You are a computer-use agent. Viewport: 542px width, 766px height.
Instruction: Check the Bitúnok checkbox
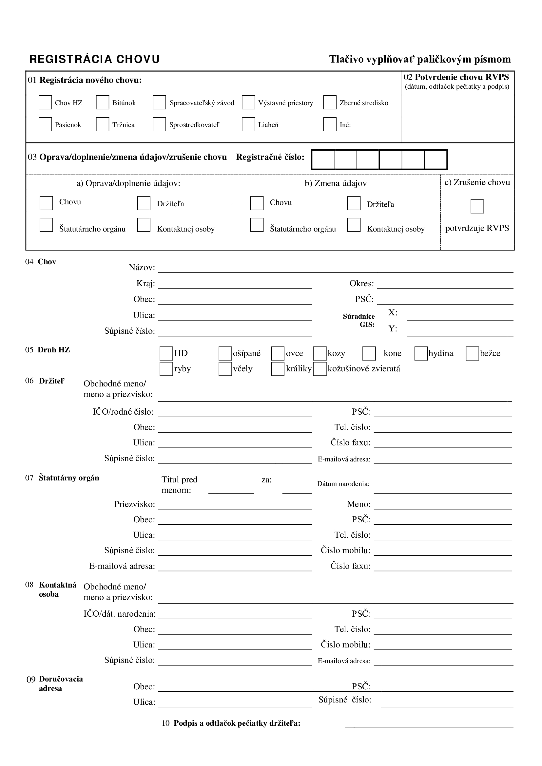click(x=103, y=103)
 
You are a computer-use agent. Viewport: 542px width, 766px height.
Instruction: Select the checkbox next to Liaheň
click(x=248, y=124)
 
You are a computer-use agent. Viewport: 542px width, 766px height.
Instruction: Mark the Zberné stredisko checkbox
click(x=330, y=103)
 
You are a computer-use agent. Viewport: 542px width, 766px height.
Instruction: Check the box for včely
click(x=225, y=369)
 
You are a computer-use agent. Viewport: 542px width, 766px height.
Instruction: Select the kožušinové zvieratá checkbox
click(x=320, y=369)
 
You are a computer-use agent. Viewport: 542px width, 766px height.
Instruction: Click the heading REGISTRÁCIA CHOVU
click(x=95, y=59)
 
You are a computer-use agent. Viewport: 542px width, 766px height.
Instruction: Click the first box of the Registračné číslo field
click(x=323, y=159)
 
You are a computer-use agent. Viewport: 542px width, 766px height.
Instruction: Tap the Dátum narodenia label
click(x=343, y=484)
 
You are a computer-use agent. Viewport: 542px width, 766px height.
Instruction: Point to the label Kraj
click(x=145, y=284)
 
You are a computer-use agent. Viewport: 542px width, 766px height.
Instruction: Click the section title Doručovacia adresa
click(x=61, y=683)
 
